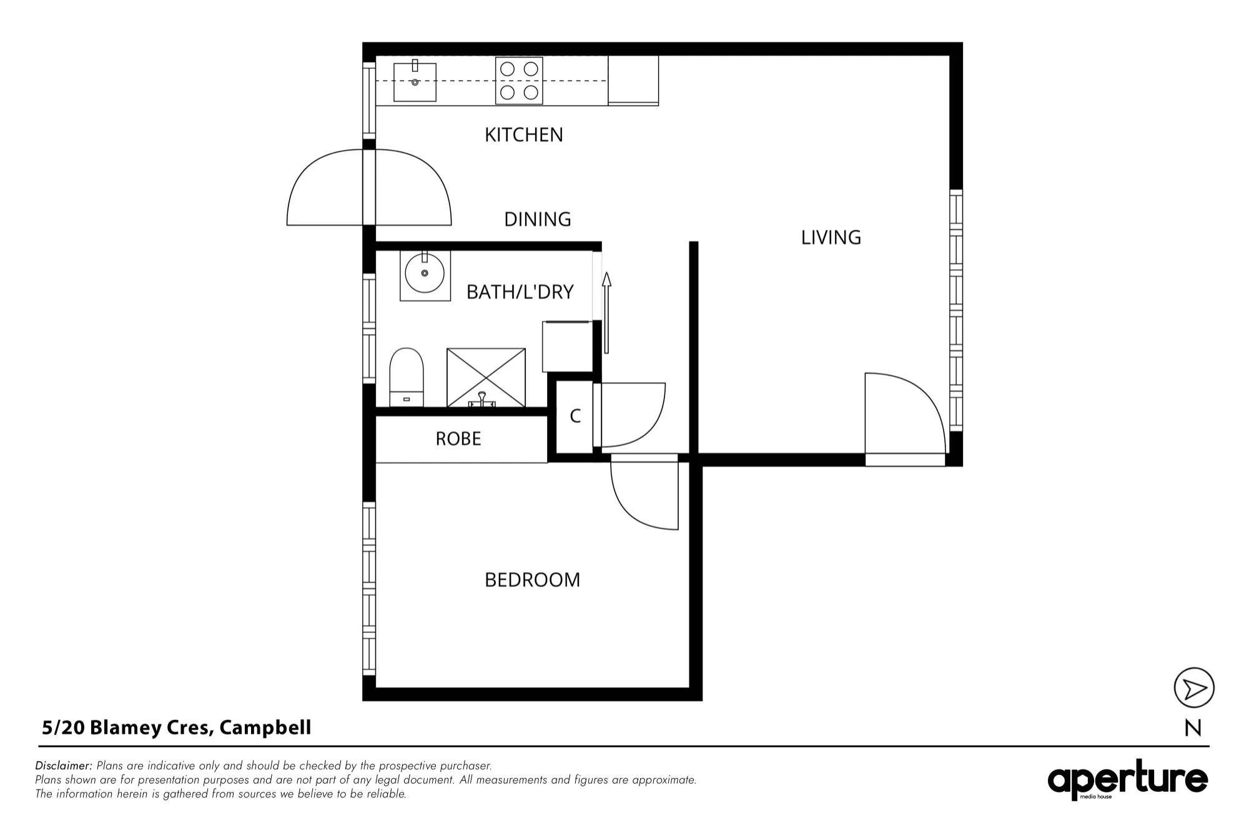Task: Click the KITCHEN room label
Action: coord(524,135)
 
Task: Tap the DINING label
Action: coord(538,219)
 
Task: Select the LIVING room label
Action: coord(831,237)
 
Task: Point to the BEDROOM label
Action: coord(533,580)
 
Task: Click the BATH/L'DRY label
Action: coord(520,292)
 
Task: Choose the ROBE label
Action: coord(458,439)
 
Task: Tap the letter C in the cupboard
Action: coord(575,416)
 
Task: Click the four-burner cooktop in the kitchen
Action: coord(519,81)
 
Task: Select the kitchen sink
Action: coord(415,81)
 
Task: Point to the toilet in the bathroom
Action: coord(407,377)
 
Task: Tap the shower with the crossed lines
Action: coord(486,378)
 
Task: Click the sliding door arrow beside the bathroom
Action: coord(606,312)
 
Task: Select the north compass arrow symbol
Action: coord(1194,688)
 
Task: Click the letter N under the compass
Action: coord(1193,729)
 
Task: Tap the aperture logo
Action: coord(1128,779)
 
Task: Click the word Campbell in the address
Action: coord(265,728)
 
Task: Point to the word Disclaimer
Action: coord(64,766)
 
